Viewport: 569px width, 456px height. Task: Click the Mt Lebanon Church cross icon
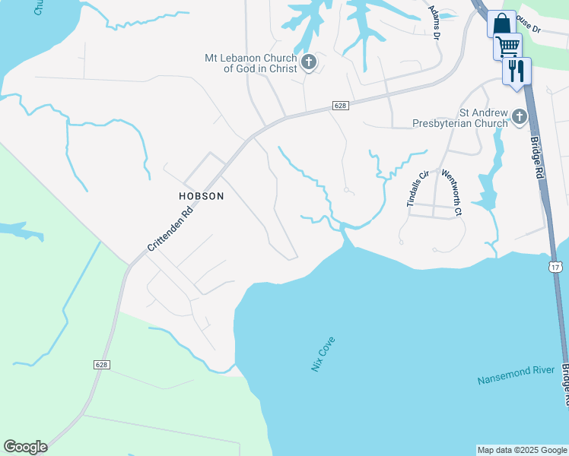coord(308,62)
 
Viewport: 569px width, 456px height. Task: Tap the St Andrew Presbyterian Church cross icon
coord(519,117)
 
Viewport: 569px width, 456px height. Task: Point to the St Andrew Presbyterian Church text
coord(459,117)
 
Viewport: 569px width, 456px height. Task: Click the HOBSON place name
coord(201,196)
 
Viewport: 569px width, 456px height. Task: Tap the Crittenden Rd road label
coord(170,227)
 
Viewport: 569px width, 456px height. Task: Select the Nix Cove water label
coord(323,353)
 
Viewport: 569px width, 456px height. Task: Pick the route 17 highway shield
coord(556,266)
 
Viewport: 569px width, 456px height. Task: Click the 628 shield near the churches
coord(340,106)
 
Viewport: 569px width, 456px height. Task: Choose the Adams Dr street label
coord(434,22)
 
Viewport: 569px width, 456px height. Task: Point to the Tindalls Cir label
coord(415,188)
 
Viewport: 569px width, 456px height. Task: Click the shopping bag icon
coord(501,24)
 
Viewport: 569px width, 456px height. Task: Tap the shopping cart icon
coord(507,46)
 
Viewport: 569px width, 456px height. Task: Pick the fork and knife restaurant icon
coord(517,71)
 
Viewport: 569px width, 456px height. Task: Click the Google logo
coord(25,447)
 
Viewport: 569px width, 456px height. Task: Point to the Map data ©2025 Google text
coord(521,450)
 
